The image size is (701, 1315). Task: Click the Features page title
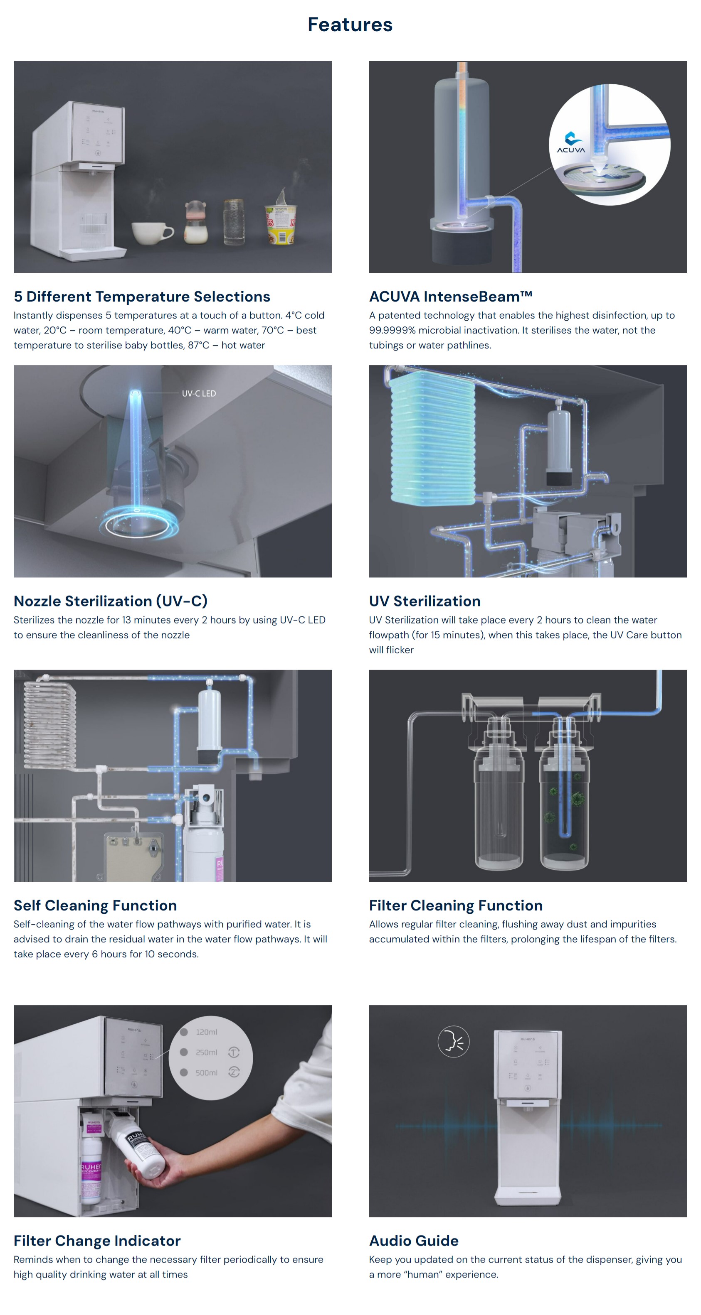(x=350, y=25)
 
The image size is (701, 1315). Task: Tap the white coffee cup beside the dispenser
(x=151, y=233)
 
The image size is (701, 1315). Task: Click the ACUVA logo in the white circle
(x=571, y=142)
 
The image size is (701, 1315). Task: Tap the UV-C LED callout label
(x=199, y=394)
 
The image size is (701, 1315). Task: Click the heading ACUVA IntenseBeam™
(x=451, y=297)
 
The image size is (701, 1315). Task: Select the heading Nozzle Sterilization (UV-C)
(x=110, y=601)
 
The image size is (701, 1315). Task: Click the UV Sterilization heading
(x=425, y=601)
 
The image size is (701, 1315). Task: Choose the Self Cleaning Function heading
(x=95, y=905)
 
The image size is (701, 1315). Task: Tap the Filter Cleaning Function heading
(x=456, y=905)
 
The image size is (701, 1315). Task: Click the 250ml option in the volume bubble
(x=206, y=1052)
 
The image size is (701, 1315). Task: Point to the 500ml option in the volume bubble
(x=206, y=1072)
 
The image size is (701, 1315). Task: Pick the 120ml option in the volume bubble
(x=206, y=1032)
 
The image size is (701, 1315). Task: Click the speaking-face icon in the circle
(x=453, y=1041)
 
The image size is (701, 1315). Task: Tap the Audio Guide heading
(x=414, y=1241)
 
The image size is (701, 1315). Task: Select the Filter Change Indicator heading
(x=97, y=1241)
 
